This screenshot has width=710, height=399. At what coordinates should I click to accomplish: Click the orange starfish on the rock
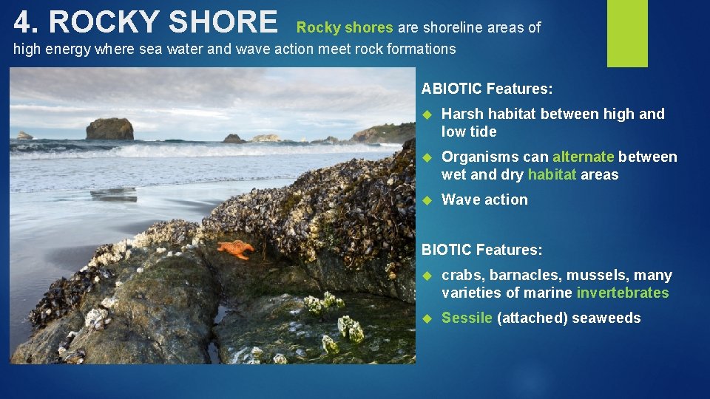(235, 248)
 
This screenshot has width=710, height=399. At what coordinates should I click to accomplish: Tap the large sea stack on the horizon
(109, 129)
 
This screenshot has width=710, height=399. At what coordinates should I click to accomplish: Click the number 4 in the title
(24, 23)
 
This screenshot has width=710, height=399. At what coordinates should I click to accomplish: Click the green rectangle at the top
(627, 33)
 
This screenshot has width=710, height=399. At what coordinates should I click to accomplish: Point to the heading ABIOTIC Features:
(487, 89)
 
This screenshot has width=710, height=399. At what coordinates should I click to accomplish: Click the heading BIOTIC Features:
(481, 250)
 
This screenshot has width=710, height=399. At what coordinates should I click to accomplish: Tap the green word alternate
(583, 157)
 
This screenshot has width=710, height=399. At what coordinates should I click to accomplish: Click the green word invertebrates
(623, 293)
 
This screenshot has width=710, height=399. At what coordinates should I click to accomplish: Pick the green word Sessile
(467, 318)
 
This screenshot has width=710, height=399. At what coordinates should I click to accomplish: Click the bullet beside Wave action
(426, 200)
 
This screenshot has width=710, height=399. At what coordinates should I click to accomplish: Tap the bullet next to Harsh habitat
(426, 115)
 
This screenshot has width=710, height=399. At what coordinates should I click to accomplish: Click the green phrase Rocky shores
(345, 28)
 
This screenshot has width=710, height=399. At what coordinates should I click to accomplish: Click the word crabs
(459, 276)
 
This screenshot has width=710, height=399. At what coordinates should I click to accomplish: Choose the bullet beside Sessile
(426, 318)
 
